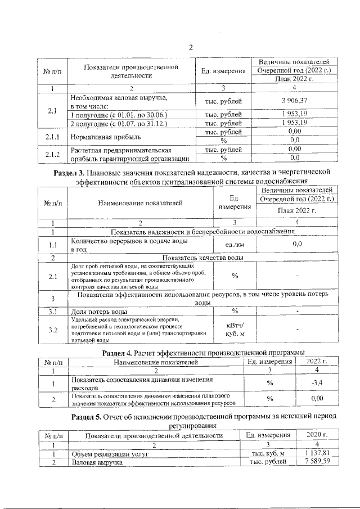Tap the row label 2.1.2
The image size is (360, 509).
(52, 154)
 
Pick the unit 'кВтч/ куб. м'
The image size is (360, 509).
(235, 330)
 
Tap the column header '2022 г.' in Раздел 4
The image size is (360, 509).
(319, 362)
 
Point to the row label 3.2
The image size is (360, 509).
(52, 330)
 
